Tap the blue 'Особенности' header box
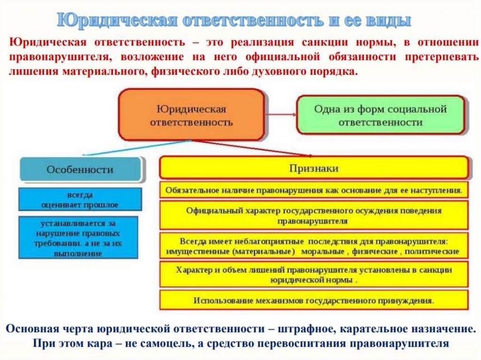click(x=80, y=169)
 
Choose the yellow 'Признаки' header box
click(x=313, y=168)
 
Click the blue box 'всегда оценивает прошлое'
click(x=80, y=199)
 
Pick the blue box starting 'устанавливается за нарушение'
click(x=78, y=237)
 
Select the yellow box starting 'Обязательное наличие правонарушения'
click(x=313, y=190)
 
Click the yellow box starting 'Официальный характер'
click(x=313, y=215)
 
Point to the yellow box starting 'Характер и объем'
click(x=313, y=275)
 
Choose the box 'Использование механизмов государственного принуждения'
click(x=313, y=300)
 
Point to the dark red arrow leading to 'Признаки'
click(x=254, y=148)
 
